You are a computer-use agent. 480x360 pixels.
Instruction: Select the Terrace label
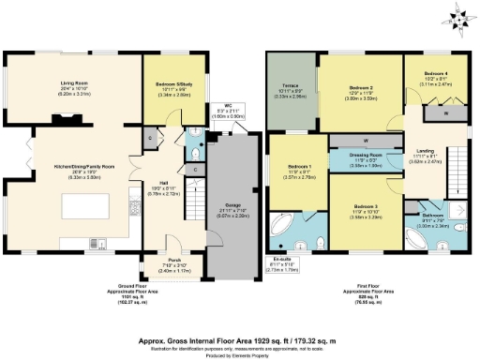pos(290,90)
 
